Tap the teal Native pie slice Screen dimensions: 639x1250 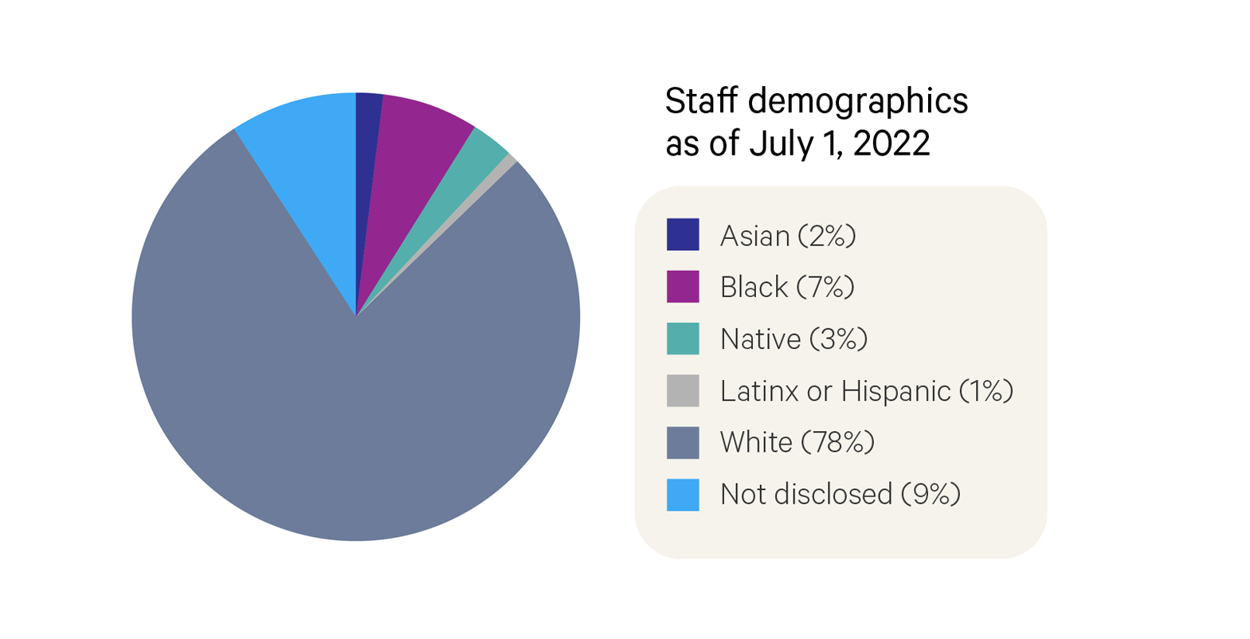click(x=470, y=159)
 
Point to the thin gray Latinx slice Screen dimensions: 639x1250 click(x=500, y=169)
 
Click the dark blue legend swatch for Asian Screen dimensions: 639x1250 click(x=683, y=235)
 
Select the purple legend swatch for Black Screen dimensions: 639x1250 click(x=683, y=287)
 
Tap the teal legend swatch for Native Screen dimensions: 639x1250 click(x=683, y=339)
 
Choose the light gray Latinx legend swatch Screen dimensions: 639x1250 click(x=683, y=390)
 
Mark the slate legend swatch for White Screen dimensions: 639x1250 click(x=683, y=442)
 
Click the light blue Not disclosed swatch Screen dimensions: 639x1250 click(x=683, y=494)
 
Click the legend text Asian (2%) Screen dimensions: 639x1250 click(x=787, y=236)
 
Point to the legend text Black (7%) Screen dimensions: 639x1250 click(x=786, y=288)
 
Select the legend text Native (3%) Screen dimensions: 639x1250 click(x=793, y=339)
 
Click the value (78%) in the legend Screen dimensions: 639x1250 click(x=837, y=443)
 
